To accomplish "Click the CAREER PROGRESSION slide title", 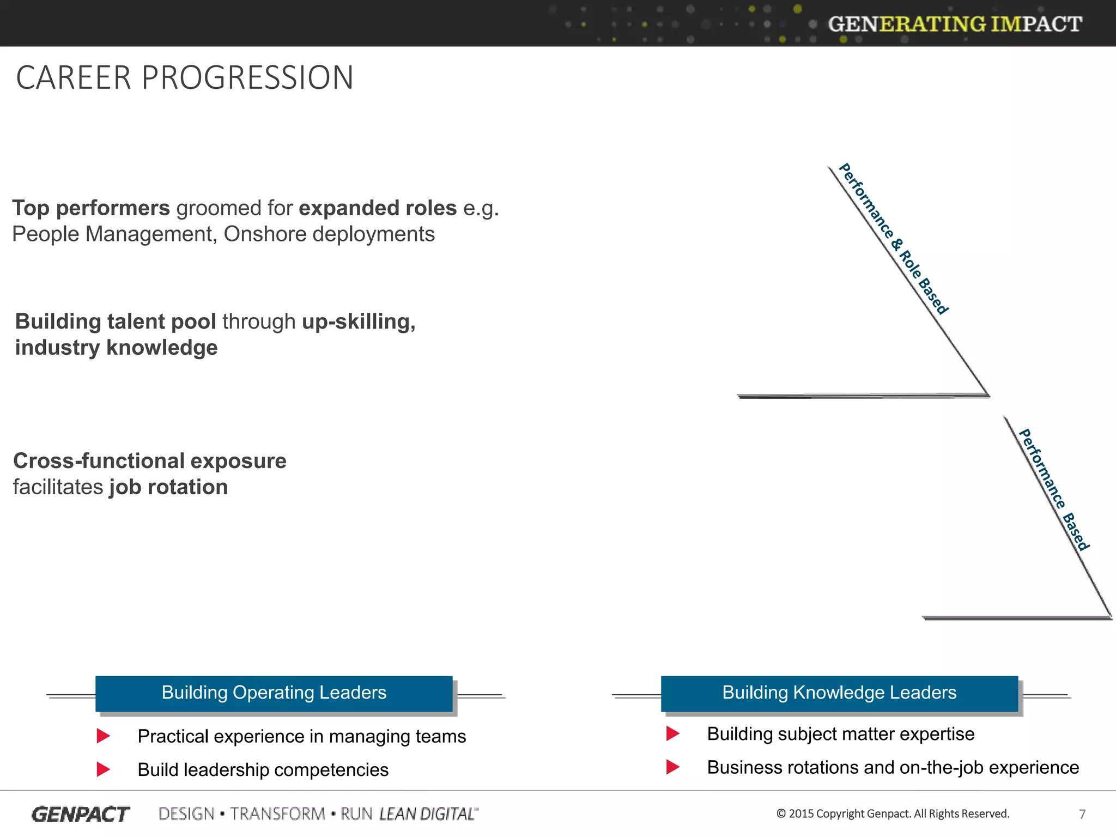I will (x=185, y=77).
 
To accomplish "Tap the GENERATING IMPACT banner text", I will (x=954, y=24).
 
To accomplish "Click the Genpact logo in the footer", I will (x=81, y=814).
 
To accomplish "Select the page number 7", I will (x=1082, y=814).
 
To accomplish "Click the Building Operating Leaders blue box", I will (x=274, y=693).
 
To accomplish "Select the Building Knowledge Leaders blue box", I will (x=839, y=693).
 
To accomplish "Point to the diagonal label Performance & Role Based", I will (x=894, y=239).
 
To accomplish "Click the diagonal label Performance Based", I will (x=1054, y=489).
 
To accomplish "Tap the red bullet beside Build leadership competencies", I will (x=103, y=769).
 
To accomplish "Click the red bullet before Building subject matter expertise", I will (x=672, y=733).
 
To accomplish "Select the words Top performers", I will (x=91, y=208).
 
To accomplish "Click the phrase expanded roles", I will (x=378, y=208).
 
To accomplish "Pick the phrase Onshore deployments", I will (x=329, y=234).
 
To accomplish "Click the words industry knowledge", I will (x=116, y=348).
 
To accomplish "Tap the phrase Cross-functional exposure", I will (x=150, y=461).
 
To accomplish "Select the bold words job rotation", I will (x=168, y=487).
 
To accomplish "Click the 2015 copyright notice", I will (x=893, y=814).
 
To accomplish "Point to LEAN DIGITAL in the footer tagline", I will (x=428, y=814).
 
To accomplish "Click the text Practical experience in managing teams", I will (x=301, y=737).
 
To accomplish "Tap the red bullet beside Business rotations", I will (x=672, y=767).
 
